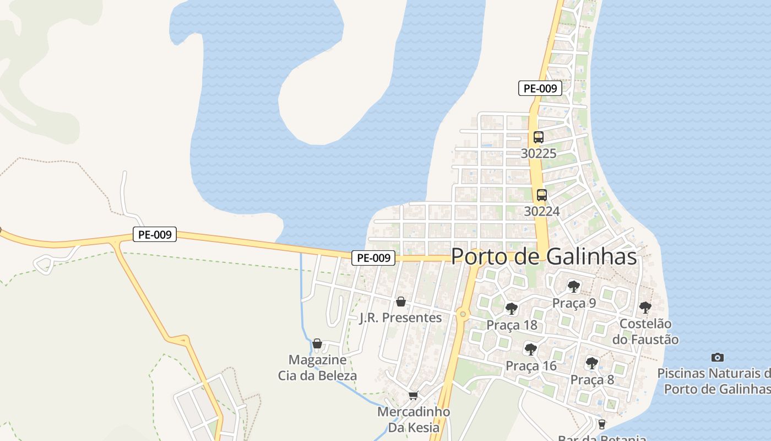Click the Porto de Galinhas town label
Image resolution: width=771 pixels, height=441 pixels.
click(544, 257)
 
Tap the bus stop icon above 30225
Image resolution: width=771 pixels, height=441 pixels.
click(539, 137)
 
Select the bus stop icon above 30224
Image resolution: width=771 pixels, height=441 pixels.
click(542, 195)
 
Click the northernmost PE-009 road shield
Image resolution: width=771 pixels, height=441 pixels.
click(540, 88)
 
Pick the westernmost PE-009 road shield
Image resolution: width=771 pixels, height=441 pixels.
click(155, 234)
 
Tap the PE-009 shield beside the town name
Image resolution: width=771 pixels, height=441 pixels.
click(374, 257)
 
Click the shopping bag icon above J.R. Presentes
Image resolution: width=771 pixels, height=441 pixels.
click(401, 302)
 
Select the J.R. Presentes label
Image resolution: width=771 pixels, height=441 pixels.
click(400, 318)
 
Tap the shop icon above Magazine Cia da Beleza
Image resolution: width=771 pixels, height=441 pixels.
click(317, 343)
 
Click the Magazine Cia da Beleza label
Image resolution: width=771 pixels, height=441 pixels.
click(317, 368)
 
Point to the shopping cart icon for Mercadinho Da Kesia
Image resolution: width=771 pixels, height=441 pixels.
click(414, 395)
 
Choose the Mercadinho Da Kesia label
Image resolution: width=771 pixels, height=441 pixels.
click(414, 420)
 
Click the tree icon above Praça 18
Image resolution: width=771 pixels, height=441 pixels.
click(512, 309)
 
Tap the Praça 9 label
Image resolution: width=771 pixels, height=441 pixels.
click(574, 303)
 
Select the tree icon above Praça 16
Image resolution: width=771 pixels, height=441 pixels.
click(531, 349)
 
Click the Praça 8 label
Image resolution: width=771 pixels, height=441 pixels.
click(592, 379)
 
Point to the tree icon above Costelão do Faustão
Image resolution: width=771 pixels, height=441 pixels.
click(645, 307)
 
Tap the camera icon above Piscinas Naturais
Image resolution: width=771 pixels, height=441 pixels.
click(717, 357)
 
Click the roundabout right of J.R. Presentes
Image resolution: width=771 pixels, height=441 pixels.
click(463, 314)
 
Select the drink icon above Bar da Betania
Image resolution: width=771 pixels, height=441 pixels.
click(601, 424)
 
